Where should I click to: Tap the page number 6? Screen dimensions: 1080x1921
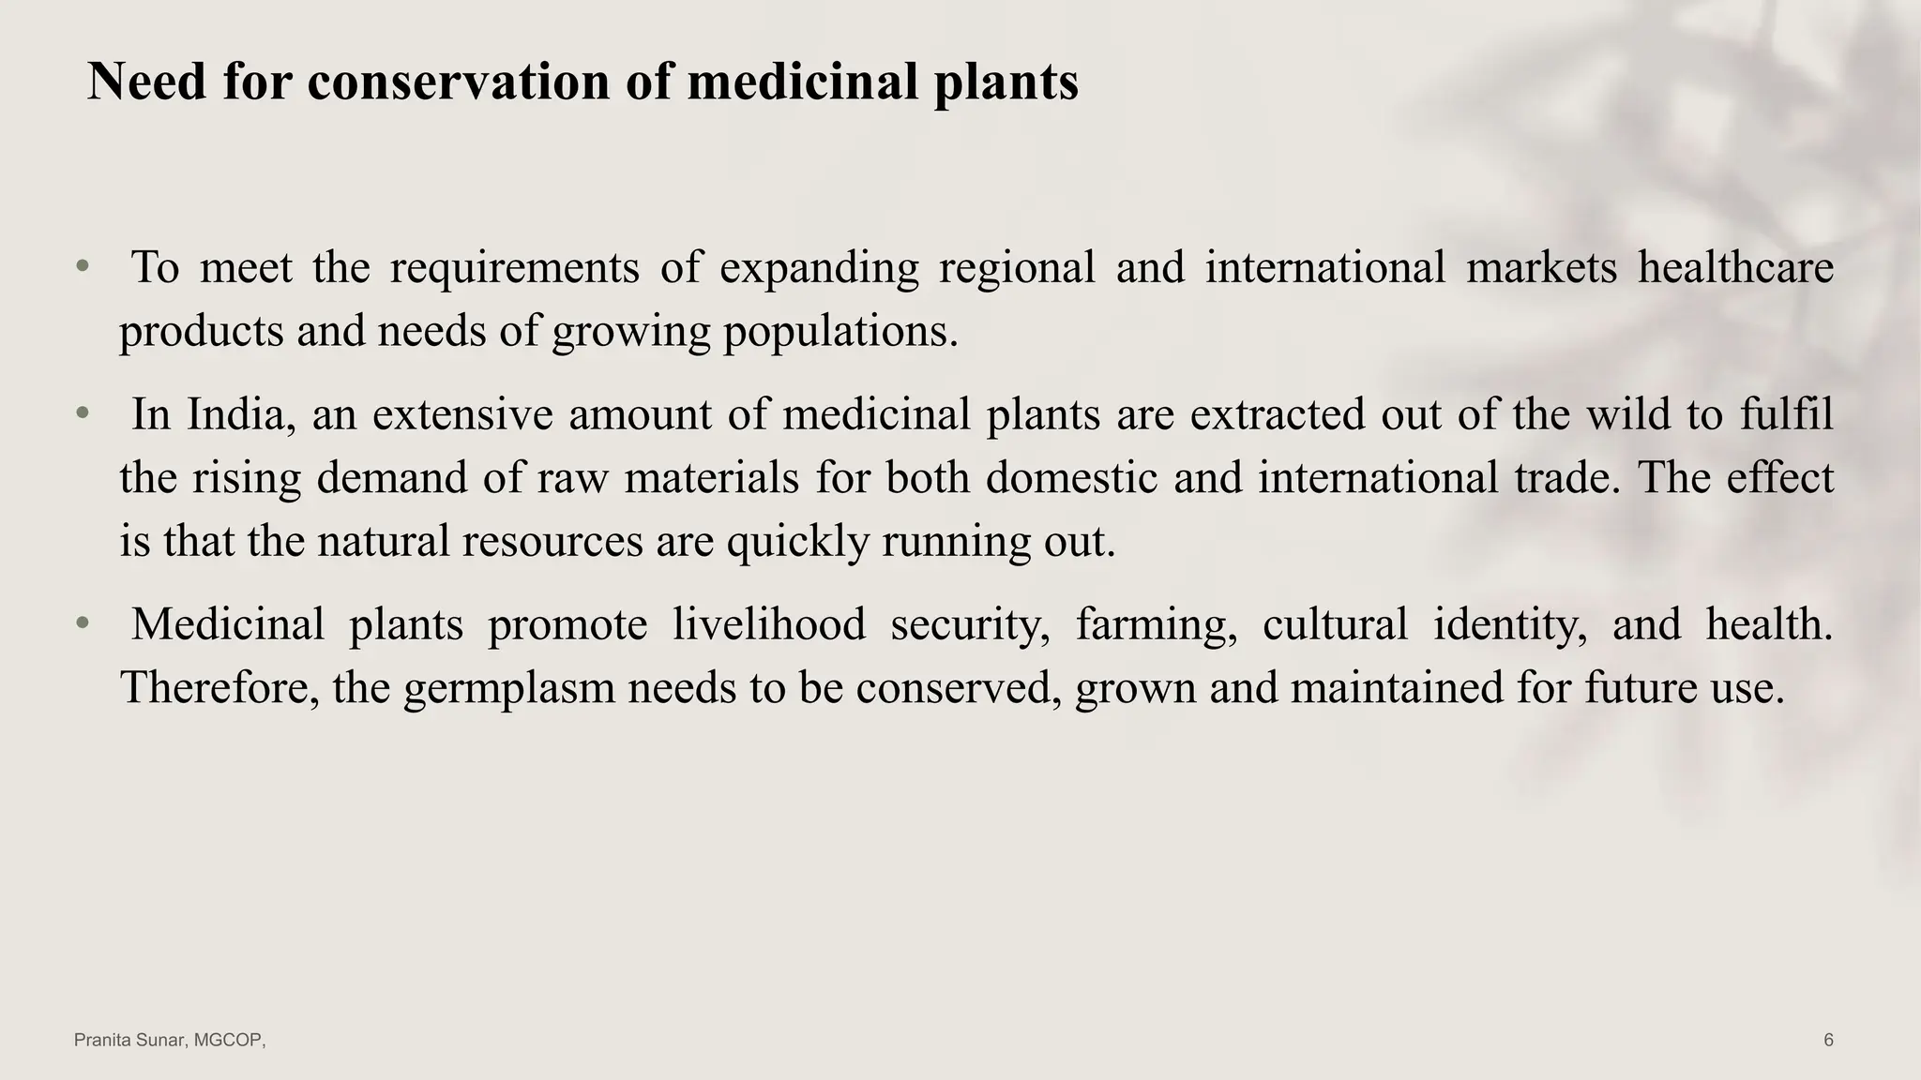coord(1828,1040)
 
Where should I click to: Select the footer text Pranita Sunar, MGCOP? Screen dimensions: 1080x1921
coord(170,1040)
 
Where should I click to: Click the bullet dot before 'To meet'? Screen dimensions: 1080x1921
coord(83,267)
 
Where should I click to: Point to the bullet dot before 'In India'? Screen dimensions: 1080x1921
coord(83,413)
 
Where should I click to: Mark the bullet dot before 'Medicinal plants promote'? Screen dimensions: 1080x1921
coord(83,623)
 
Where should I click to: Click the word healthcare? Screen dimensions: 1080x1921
coord(1735,267)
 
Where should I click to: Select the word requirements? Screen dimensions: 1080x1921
coord(514,269)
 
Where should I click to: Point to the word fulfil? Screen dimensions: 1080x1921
coord(1786,414)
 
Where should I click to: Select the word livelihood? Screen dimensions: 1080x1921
coord(768,624)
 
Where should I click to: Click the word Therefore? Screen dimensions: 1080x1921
coord(220,687)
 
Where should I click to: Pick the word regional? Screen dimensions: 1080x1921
coord(1017,269)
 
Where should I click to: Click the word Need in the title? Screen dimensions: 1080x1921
coord(146,82)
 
